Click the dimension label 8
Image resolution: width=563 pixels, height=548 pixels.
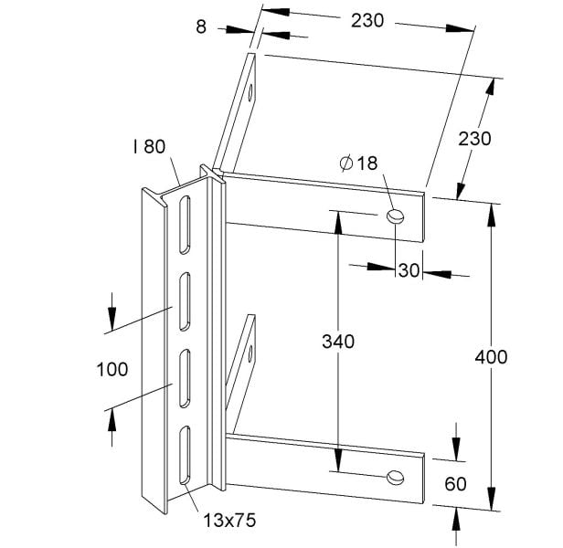point(201,26)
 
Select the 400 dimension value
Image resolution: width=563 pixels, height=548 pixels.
point(491,357)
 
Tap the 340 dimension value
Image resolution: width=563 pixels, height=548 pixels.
point(338,342)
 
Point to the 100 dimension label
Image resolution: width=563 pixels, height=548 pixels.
point(112,369)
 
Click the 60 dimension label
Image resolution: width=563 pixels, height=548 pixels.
point(456,484)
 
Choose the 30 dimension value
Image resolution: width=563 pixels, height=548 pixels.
point(409,270)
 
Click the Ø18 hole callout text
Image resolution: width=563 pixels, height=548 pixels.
point(358,163)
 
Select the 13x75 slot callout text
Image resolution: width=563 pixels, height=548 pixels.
point(229,521)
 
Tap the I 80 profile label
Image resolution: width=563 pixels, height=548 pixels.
point(149,146)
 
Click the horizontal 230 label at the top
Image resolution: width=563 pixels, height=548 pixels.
point(367,20)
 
